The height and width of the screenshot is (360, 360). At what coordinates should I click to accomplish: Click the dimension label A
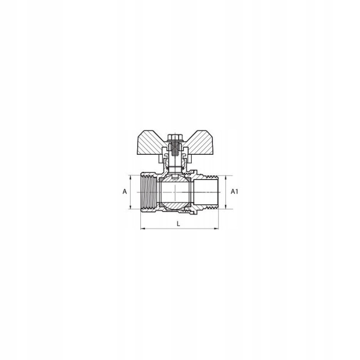124,191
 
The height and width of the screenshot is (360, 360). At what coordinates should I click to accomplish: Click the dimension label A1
234,191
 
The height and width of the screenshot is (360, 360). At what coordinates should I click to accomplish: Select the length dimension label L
178,223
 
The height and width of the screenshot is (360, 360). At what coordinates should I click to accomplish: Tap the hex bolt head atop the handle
175,137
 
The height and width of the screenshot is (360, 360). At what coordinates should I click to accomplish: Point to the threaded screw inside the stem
175,149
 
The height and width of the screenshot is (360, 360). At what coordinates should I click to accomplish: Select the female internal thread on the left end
149,192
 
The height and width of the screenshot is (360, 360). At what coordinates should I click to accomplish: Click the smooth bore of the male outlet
206,192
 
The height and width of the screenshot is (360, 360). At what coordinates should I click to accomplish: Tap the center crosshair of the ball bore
175,192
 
